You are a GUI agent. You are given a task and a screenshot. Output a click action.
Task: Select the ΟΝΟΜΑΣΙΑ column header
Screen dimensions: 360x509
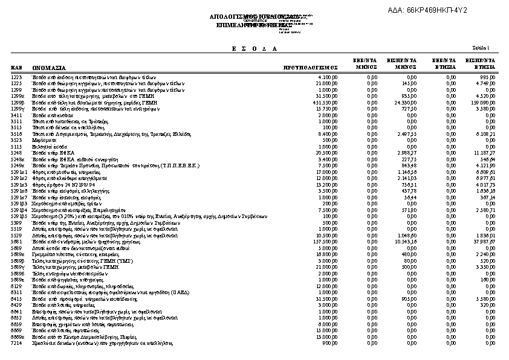coord(50,69)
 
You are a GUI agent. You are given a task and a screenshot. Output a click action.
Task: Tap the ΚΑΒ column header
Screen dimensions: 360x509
coord(17,69)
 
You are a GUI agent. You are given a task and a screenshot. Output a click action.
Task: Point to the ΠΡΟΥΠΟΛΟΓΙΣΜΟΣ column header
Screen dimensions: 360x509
coord(310,69)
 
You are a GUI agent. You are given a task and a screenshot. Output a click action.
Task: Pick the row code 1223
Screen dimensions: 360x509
coord(17,77)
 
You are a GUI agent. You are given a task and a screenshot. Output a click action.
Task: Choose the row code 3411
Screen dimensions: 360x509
coord(17,115)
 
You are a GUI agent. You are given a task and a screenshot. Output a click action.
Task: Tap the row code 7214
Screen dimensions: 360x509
coord(17,343)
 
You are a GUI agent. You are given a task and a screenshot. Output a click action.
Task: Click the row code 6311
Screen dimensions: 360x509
coord(17,292)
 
